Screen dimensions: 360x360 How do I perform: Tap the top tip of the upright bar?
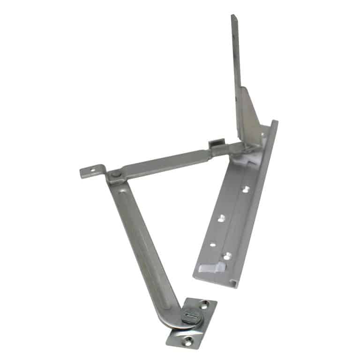232,17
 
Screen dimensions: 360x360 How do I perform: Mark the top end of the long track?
274,123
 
